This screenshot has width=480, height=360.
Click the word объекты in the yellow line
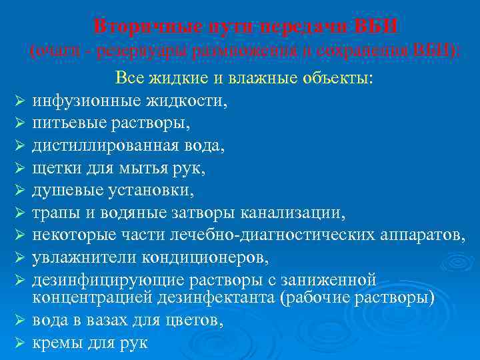click(x=341, y=78)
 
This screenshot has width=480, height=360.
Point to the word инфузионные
click(x=83, y=102)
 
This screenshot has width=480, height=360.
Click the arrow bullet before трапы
click(x=19, y=213)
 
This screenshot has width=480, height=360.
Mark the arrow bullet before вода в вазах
click(x=19, y=321)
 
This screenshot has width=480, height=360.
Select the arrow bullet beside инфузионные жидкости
click(x=19, y=102)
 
